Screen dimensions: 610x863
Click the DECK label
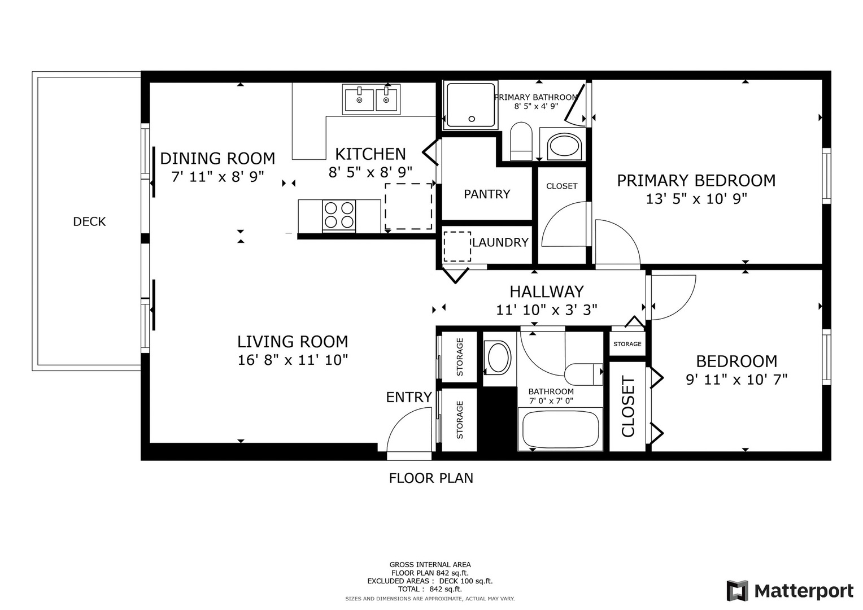[x=89, y=221]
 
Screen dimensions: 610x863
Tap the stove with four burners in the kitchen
[x=339, y=215]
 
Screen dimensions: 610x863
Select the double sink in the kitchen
[x=371, y=99]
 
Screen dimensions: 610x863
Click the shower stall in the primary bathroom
[x=470, y=104]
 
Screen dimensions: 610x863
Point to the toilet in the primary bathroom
[x=521, y=142]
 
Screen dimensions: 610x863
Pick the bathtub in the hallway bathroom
[x=560, y=430]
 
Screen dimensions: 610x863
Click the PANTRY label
[x=487, y=194]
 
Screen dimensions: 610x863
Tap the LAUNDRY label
[x=500, y=242]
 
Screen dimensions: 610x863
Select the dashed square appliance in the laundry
[x=457, y=246]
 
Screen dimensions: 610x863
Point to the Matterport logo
[x=790, y=591]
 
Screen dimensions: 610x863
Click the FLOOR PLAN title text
[x=431, y=478]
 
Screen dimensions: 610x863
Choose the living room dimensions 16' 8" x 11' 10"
[x=293, y=360]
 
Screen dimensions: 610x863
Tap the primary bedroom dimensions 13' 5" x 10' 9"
[x=696, y=199]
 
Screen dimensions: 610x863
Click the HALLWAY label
[x=546, y=291]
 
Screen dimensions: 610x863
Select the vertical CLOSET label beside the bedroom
[x=628, y=407]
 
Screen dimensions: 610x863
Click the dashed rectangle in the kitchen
[x=409, y=206]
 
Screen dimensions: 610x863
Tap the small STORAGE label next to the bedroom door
[x=627, y=344]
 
